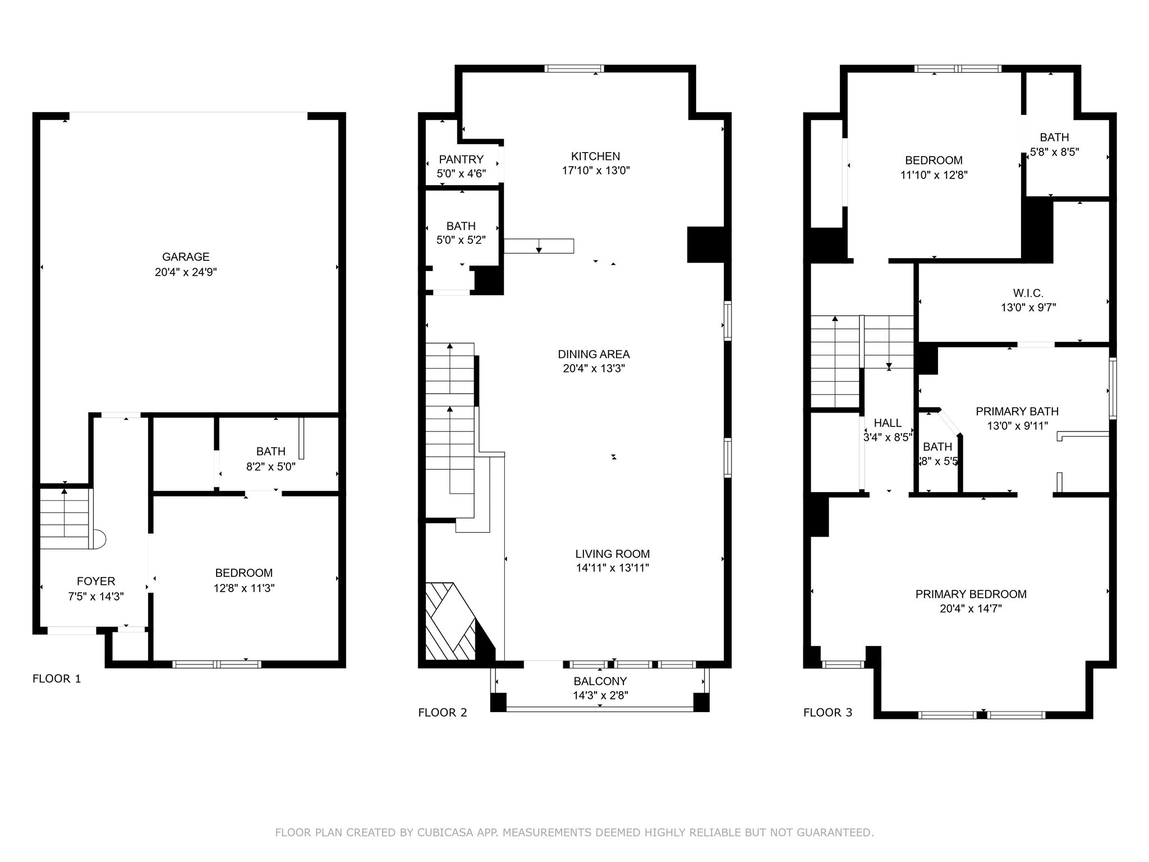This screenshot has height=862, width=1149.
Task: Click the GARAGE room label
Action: [186, 257]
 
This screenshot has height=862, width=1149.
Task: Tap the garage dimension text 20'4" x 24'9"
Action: [186, 272]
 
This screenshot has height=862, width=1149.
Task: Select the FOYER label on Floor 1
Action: [96, 581]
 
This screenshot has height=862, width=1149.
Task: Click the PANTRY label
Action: [461, 159]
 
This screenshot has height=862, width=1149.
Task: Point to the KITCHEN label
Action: [595, 156]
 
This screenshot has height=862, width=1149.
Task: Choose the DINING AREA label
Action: [594, 354]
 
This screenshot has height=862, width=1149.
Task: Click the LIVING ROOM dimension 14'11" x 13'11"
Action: [612, 568]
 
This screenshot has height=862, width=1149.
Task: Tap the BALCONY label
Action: [600, 681]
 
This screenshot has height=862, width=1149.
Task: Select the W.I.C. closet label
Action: [1028, 293]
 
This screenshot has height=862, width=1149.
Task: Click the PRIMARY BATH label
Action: [1017, 411]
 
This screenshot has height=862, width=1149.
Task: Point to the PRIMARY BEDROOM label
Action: [971, 594]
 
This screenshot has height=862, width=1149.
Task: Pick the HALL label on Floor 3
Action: [888, 423]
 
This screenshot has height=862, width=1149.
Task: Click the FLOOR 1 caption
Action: [57, 679]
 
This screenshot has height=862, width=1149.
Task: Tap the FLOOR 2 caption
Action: [442, 713]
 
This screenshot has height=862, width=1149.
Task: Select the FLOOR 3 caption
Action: [828, 713]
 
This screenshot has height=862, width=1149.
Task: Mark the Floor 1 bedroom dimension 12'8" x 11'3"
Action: [243, 588]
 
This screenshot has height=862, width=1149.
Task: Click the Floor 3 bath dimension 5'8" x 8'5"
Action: [1054, 152]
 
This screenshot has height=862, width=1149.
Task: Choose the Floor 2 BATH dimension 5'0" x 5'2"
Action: [461, 240]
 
